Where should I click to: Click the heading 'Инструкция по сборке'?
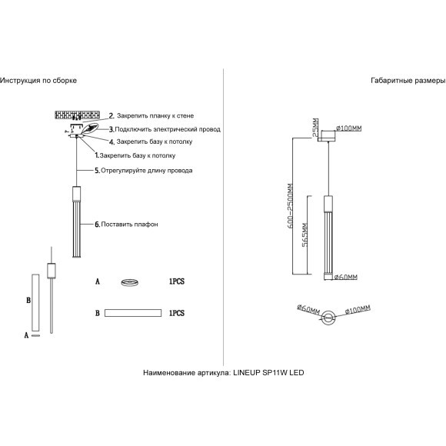38,81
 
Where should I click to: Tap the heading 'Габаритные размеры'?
408,81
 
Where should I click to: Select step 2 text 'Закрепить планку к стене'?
155,116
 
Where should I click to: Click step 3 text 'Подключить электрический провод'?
168,129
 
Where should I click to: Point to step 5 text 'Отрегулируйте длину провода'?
146,171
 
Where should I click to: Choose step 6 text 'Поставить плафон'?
129,225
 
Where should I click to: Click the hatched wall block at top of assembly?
77,115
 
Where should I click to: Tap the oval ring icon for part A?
130,282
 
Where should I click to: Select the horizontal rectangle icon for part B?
133,313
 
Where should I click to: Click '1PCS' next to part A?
177,281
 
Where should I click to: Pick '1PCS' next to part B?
177,313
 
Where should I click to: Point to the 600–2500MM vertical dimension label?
290,206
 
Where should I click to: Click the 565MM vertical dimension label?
305,235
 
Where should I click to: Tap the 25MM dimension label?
316,128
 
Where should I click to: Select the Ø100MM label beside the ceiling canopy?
348,128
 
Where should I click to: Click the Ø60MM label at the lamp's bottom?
345,277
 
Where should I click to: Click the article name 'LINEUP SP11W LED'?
268,373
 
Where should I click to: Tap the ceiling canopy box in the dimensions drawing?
328,135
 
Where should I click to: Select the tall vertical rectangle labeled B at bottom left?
35,303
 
